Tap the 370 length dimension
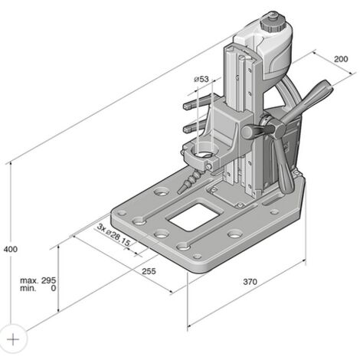click(x=250, y=282)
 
